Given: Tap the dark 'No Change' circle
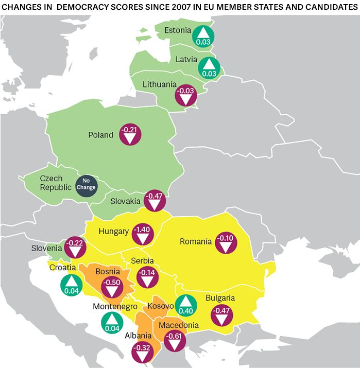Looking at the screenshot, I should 86,184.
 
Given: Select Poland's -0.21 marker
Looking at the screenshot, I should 130,134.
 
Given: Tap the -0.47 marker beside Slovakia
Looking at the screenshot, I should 154,201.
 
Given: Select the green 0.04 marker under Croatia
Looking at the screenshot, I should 71,285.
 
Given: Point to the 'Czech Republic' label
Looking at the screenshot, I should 56,183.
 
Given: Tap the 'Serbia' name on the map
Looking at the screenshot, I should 143,261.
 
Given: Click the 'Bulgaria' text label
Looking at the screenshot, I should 220,298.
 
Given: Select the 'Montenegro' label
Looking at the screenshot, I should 114,306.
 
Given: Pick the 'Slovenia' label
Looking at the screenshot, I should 46,248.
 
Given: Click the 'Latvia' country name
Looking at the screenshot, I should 186,59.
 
